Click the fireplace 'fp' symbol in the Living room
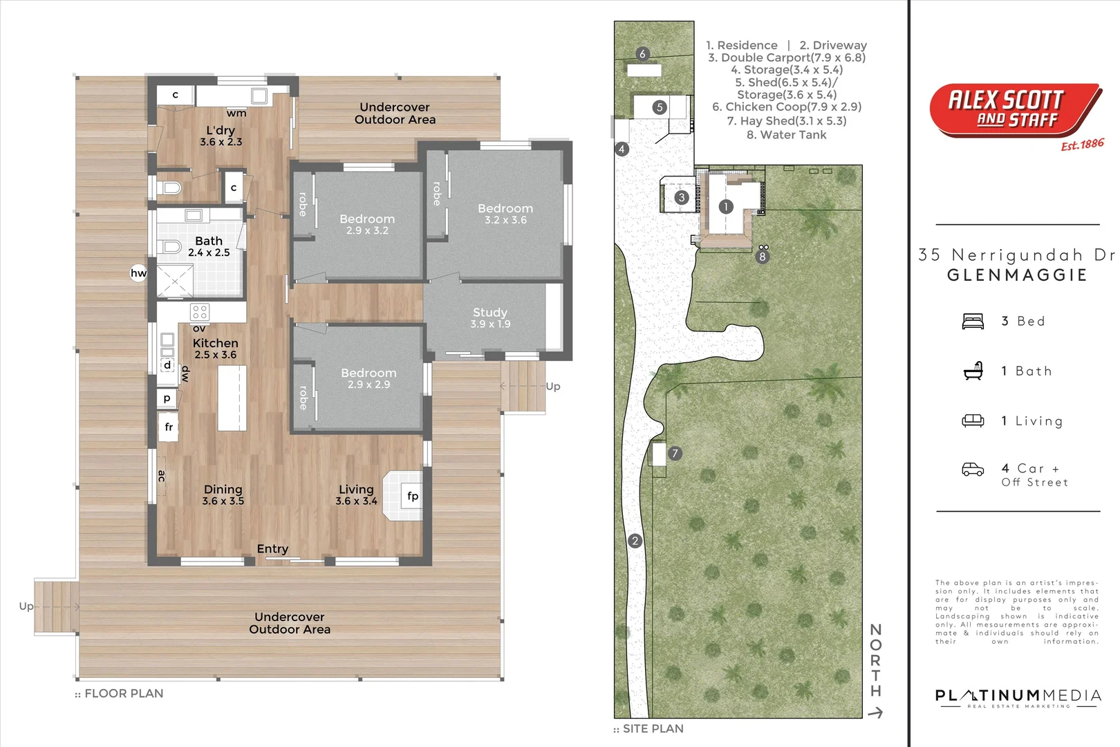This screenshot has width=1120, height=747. tap(412, 496)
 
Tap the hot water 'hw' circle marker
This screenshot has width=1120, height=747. tap(139, 273)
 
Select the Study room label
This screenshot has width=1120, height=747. tap(490, 317)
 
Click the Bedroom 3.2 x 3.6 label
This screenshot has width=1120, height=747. tap(505, 214)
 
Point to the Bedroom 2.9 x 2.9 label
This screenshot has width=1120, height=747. tap(368, 378)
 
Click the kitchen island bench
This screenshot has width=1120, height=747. tap(232, 398)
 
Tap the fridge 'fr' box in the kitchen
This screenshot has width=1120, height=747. tap(169, 427)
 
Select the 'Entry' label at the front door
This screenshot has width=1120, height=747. tap(272, 548)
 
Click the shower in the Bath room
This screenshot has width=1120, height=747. tap(174, 281)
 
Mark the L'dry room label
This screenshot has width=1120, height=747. tap(221, 136)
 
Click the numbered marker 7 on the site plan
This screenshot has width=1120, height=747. tap(675, 454)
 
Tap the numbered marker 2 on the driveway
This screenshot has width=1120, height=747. tap(635, 541)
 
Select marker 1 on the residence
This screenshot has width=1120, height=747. tap(725, 206)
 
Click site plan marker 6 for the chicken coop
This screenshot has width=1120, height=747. tap(642, 54)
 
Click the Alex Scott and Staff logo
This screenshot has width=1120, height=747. tap(1015, 111)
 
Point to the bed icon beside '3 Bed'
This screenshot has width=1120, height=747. tap(973, 322)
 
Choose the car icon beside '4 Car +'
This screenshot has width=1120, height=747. tap(973, 470)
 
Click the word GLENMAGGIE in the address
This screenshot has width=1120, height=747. tap(1017, 275)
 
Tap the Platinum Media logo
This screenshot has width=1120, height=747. tap(1018, 697)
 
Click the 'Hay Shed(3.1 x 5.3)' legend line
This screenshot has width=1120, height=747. tap(786, 120)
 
